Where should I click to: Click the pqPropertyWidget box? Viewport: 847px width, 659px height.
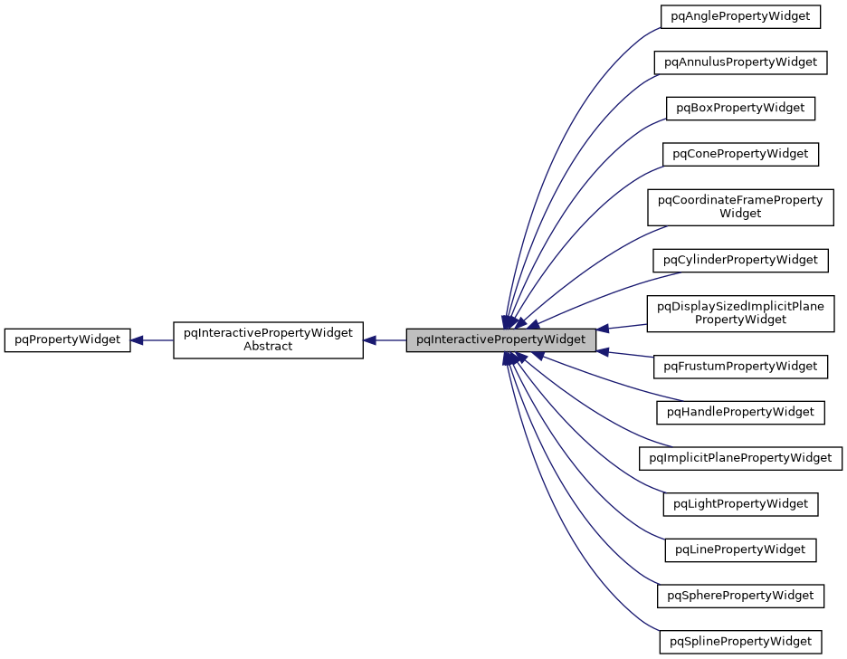click(x=68, y=340)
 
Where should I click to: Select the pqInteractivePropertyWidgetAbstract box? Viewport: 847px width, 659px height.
click(x=268, y=340)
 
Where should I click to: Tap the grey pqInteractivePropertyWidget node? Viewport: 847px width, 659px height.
click(x=500, y=340)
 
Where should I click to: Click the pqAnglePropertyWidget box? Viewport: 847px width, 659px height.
click(x=740, y=16)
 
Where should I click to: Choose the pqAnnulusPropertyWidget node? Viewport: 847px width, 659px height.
click(x=740, y=62)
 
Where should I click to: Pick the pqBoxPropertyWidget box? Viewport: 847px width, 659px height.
click(x=740, y=108)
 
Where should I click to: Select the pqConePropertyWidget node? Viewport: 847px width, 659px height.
click(x=740, y=154)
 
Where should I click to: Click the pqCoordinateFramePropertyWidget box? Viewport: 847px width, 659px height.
click(x=740, y=206)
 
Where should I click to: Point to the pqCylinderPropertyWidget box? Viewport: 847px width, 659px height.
click(x=740, y=260)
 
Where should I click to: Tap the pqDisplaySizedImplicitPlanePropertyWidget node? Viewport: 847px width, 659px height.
click(x=740, y=312)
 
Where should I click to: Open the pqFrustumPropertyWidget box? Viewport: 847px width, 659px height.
click(x=740, y=367)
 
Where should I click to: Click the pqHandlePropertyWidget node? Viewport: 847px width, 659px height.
click(x=740, y=412)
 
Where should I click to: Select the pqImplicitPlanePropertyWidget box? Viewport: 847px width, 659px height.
click(x=740, y=458)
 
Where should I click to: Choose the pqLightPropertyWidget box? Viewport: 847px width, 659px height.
click(x=740, y=503)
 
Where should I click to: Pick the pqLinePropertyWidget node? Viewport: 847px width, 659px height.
click(x=740, y=549)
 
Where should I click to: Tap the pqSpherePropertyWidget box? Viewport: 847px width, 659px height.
click(x=740, y=596)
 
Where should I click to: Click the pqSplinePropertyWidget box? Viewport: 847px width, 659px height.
click(x=740, y=642)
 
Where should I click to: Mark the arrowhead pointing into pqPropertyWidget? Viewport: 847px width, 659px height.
click(x=138, y=340)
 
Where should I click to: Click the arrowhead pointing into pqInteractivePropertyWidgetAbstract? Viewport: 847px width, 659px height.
click(x=370, y=340)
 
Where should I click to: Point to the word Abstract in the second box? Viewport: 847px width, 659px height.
click(x=268, y=347)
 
